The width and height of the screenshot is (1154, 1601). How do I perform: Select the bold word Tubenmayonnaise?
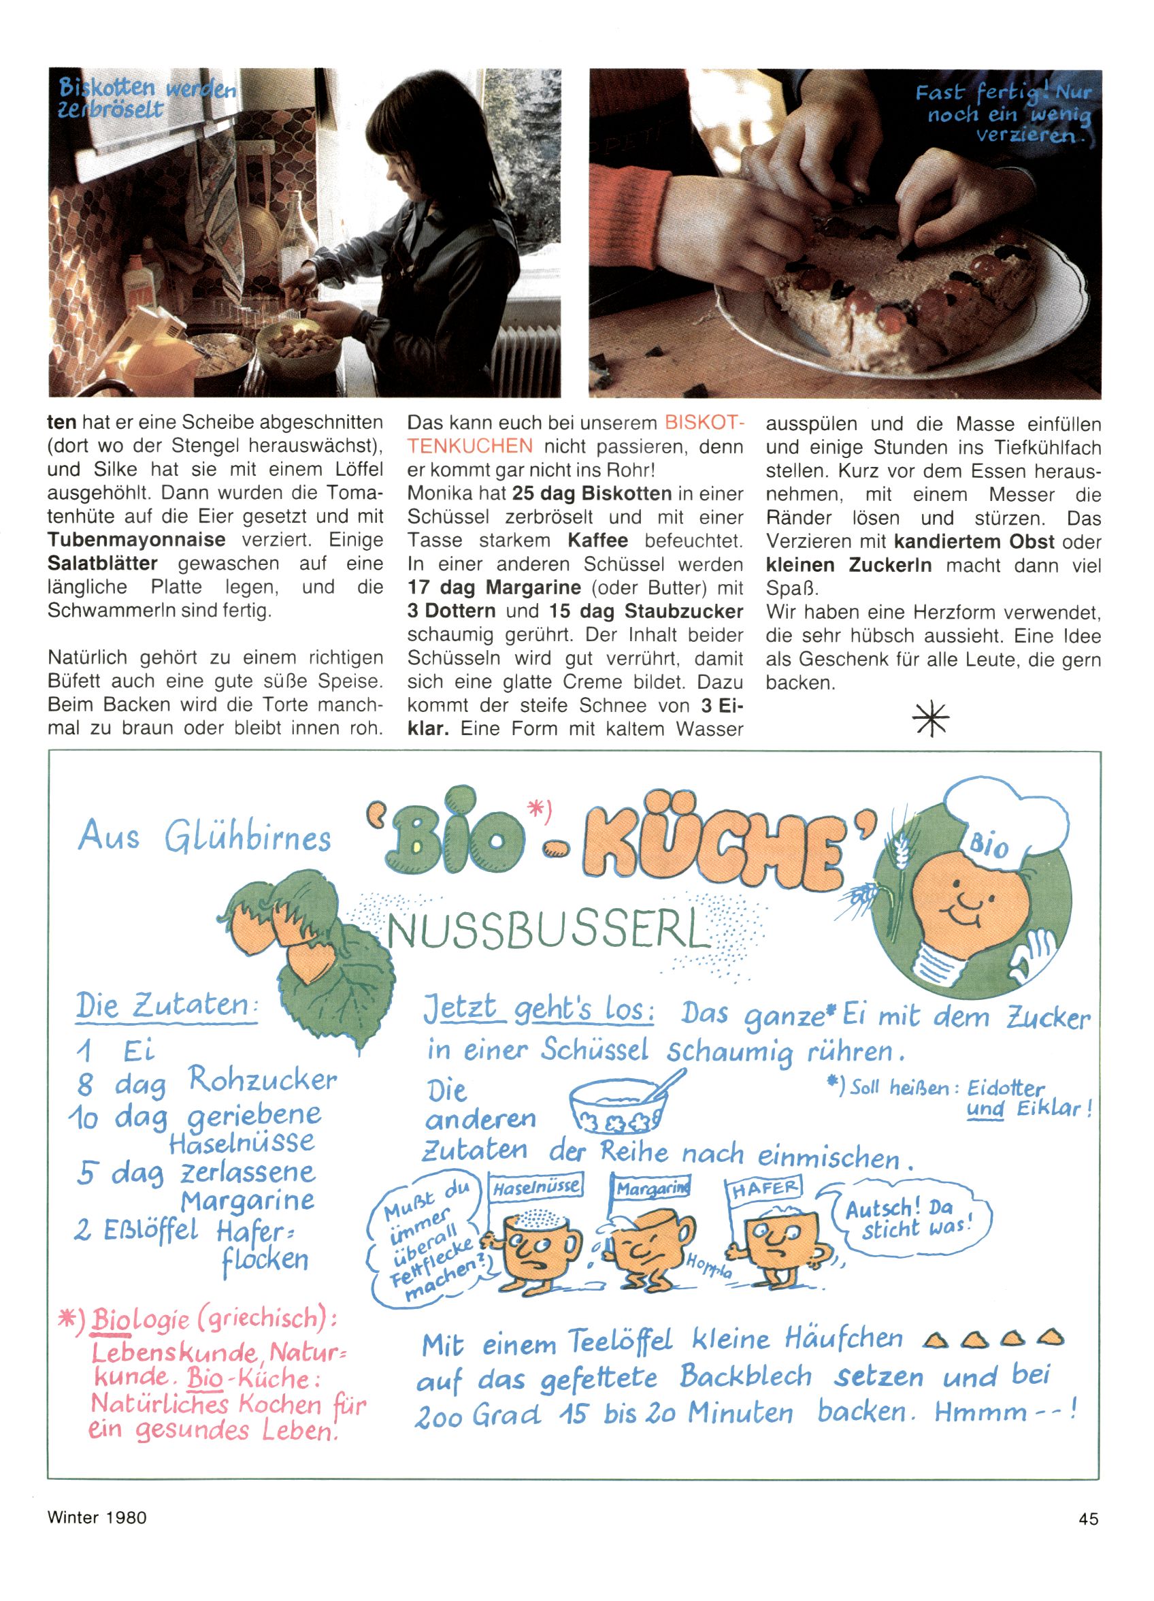click(136, 540)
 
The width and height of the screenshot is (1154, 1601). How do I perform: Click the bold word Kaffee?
click(597, 540)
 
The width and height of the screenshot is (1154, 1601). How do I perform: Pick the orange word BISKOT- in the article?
click(704, 423)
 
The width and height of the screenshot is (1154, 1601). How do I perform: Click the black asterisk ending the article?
click(930, 719)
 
